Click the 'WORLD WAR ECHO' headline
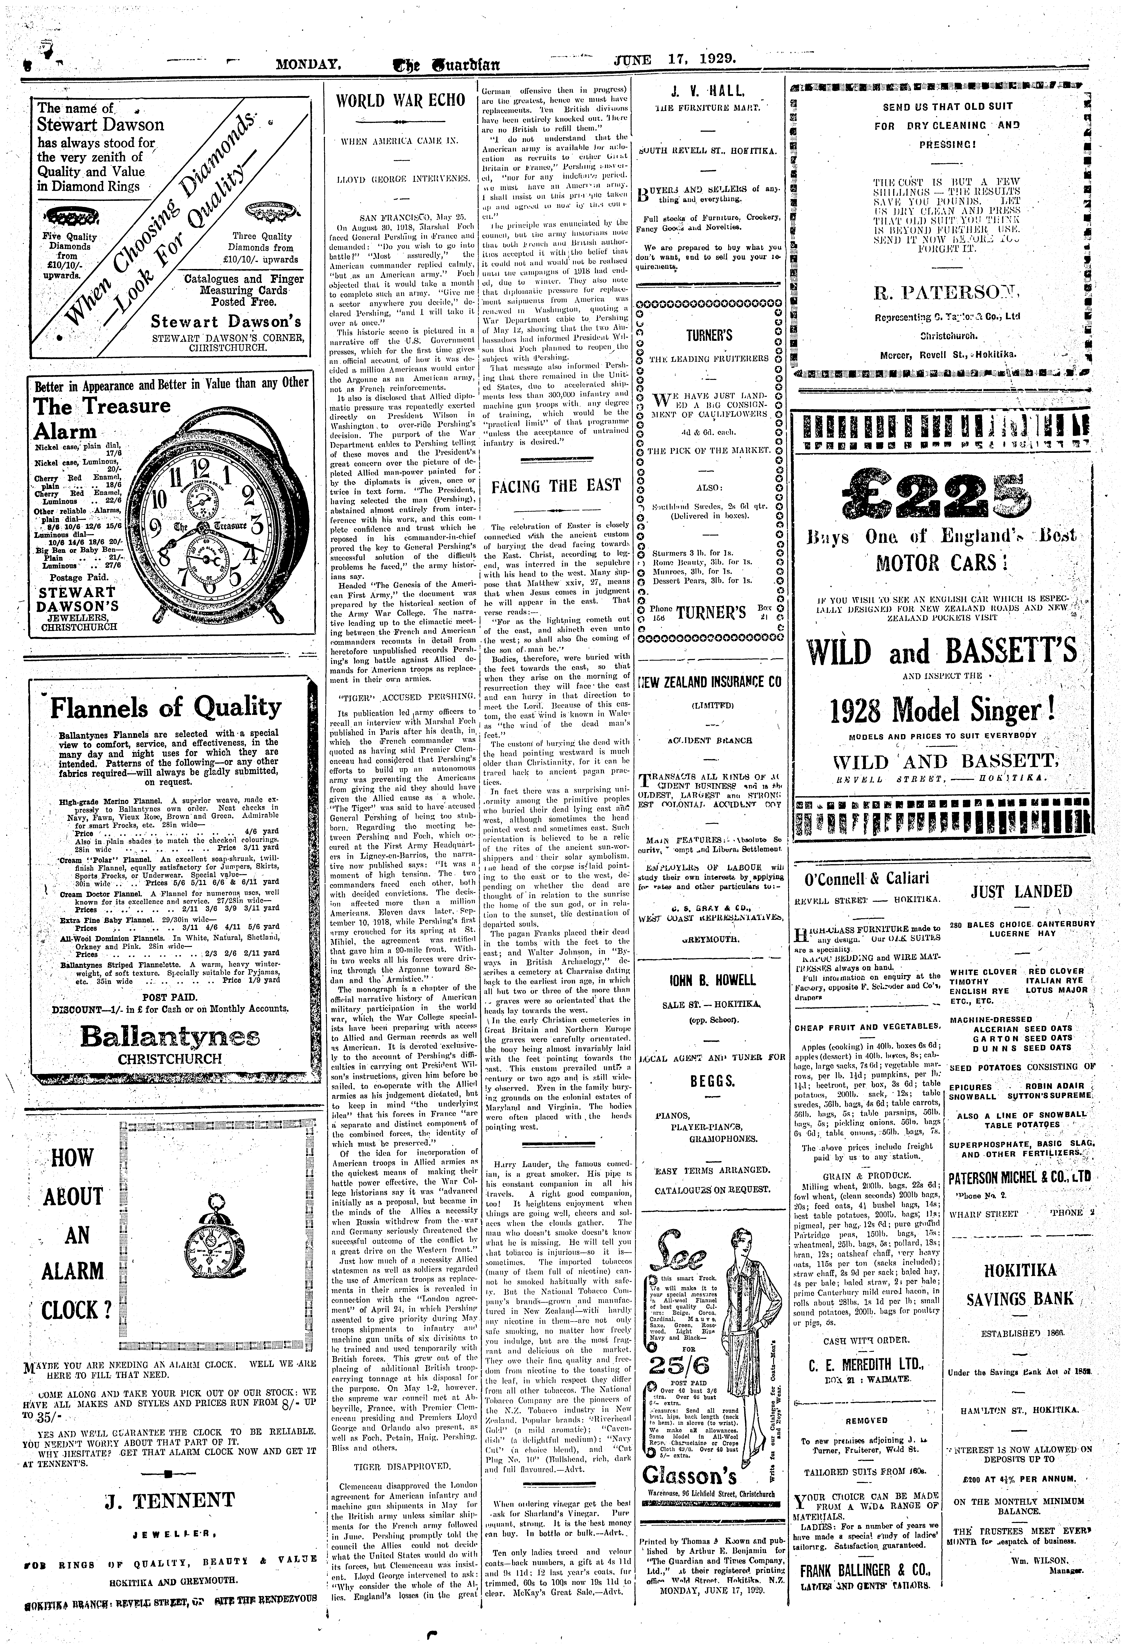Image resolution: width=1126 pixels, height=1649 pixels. (401, 100)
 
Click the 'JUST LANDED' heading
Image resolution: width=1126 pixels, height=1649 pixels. (1022, 891)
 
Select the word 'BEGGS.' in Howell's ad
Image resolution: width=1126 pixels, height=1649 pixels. (711, 1081)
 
